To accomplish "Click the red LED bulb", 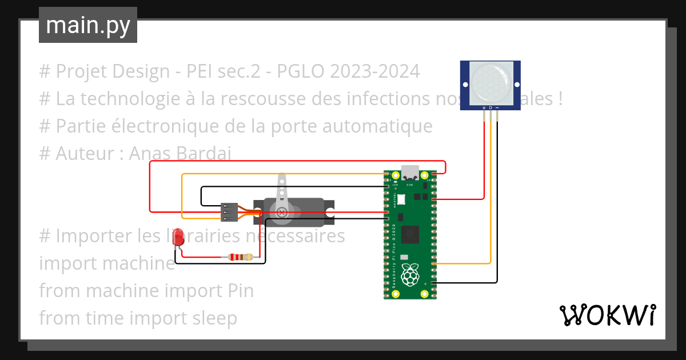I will [179, 236].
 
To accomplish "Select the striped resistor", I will [240, 257].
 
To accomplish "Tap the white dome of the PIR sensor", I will [490, 83].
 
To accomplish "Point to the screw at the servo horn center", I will [281, 212].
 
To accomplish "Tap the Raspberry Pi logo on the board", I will [410, 275].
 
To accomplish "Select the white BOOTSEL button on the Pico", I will [400, 199].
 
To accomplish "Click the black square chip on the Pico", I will [410, 234].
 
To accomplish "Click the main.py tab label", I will [88, 25].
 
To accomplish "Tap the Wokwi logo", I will [607, 315].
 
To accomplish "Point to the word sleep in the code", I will [214, 318].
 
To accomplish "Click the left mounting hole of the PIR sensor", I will [465, 85].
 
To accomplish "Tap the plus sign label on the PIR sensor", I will [484, 107].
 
